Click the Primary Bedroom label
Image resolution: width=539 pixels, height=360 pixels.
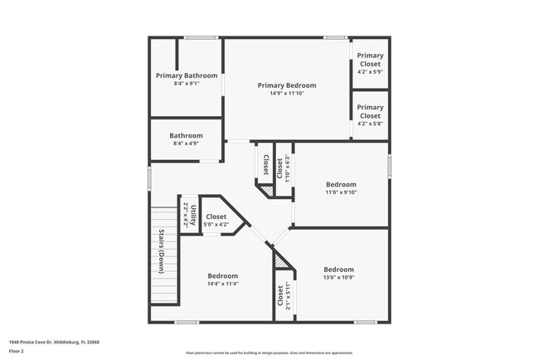[x=287, y=85]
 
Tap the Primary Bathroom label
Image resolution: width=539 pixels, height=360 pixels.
[x=186, y=75]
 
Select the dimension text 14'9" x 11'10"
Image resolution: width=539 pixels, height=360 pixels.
[x=287, y=94]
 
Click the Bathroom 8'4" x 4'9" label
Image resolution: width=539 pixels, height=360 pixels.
[x=186, y=135]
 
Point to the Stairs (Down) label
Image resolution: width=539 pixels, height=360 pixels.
[x=161, y=250]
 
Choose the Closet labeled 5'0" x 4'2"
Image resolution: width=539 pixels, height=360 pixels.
[x=216, y=216]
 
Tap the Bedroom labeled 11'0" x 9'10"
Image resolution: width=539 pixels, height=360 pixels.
[x=341, y=184]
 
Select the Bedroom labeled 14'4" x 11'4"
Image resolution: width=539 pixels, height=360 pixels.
[x=223, y=275]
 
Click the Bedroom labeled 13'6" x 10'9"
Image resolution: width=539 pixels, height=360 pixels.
[x=339, y=269]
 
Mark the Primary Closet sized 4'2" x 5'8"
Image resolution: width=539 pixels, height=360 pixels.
[x=370, y=107]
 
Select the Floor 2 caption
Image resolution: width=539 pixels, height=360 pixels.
[x=17, y=351]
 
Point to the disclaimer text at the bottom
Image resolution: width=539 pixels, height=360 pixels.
[x=269, y=353]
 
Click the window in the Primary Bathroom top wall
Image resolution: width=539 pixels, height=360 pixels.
[x=196, y=37]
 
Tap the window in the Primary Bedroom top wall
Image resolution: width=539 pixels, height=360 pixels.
[x=335, y=37]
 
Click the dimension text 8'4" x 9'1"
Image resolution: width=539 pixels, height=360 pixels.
[x=186, y=84]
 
